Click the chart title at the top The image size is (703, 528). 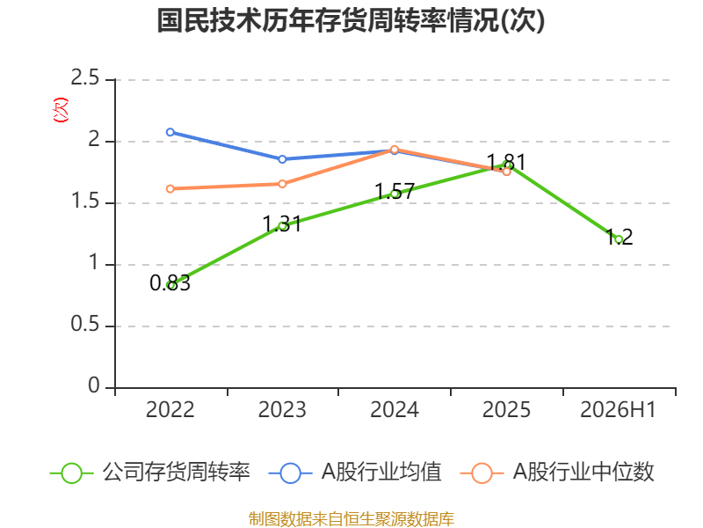click(351, 21)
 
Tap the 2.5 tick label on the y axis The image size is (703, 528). click(84, 78)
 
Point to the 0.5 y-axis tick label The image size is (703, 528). click(84, 324)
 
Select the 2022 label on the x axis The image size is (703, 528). click(170, 409)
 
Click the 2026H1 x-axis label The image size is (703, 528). click(619, 409)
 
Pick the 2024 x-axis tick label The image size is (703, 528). click(394, 409)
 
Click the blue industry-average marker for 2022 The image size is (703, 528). click(170, 132)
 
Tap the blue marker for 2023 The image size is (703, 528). click(282, 159)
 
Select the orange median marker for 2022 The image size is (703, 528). click(170, 189)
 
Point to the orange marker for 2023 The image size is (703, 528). click(282, 184)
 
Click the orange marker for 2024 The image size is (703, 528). click(395, 150)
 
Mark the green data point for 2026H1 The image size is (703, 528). click(620, 239)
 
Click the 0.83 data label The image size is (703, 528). click(170, 282)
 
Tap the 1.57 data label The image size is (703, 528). click(394, 192)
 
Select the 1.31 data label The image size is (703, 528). click(282, 224)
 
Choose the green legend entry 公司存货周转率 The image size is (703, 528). click(149, 473)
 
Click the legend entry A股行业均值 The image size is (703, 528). click(355, 473)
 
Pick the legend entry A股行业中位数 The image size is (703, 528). click(557, 473)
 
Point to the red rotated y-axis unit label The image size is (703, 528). click(61, 110)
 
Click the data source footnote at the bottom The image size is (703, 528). click(351, 519)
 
